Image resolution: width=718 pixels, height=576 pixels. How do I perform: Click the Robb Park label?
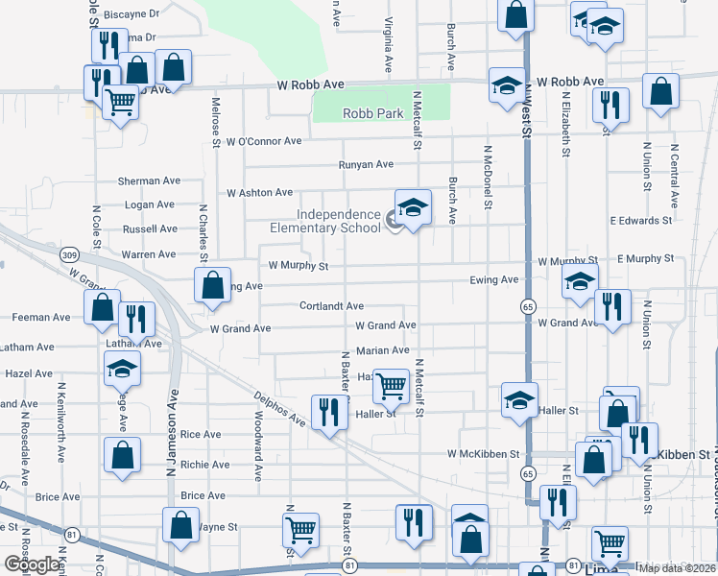click(x=373, y=113)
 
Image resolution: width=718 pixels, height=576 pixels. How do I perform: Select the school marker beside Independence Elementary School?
click(x=413, y=208)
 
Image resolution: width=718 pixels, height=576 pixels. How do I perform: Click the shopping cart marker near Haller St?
click(x=391, y=387)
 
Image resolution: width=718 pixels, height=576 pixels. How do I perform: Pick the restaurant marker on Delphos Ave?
click(x=329, y=413)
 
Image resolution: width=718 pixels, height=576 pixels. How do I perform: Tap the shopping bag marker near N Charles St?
click(x=212, y=285)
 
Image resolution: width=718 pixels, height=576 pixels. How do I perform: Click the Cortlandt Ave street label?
click(x=331, y=306)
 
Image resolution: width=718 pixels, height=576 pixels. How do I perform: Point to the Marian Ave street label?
click(x=383, y=351)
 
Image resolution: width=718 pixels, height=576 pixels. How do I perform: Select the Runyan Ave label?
click(x=366, y=165)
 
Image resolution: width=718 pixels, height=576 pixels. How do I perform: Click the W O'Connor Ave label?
click(x=264, y=141)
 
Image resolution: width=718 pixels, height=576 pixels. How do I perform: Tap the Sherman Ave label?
click(x=149, y=180)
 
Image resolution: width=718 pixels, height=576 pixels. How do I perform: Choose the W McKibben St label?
click(x=483, y=453)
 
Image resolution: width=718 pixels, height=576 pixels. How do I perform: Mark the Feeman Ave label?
click(x=40, y=317)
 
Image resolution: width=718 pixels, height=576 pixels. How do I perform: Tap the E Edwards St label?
click(x=639, y=221)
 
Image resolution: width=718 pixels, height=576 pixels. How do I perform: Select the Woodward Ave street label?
click(x=257, y=447)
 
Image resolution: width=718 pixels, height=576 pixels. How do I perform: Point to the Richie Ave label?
click(x=204, y=465)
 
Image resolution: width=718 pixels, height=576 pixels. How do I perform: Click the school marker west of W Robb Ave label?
click(x=506, y=86)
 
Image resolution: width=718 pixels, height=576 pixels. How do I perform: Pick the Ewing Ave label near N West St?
click(x=494, y=280)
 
